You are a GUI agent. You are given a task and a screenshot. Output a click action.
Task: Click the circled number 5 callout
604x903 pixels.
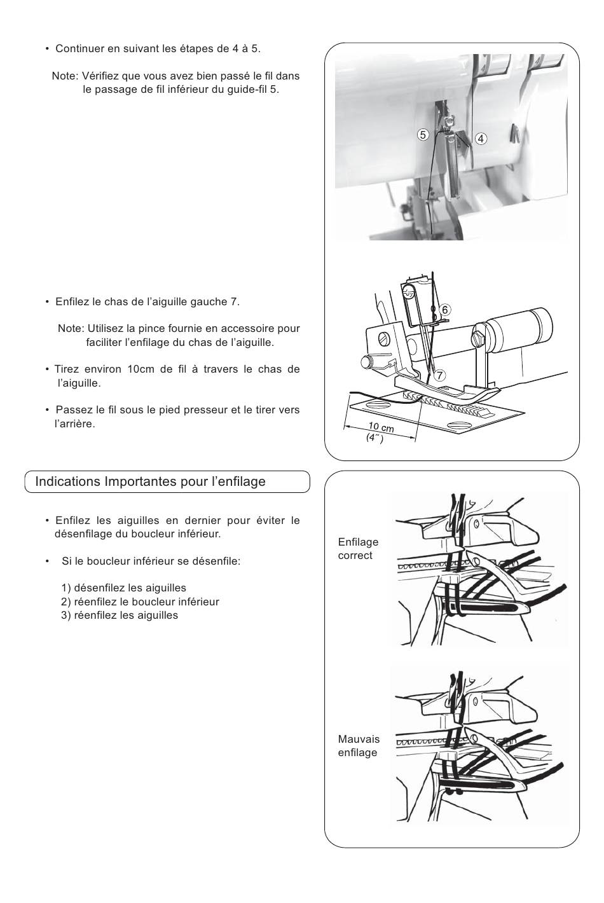[x=423, y=135]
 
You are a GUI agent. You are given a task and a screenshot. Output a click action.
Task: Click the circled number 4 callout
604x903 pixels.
[x=481, y=139]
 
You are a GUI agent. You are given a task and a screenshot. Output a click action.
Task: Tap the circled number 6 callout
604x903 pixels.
[x=445, y=310]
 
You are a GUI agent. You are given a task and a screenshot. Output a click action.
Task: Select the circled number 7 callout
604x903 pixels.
[x=439, y=375]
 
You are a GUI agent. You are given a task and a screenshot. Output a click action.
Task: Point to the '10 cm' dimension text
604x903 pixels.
[x=381, y=427]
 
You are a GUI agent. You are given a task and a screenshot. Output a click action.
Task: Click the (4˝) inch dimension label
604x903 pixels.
[x=374, y=438]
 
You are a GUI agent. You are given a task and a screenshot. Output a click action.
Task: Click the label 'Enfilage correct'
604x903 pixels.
[x=358, y=549]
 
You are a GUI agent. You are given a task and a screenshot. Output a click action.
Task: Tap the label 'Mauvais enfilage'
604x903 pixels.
[x=359, y=746]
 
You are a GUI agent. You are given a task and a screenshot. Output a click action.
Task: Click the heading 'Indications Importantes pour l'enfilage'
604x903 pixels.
[x=150, y=481]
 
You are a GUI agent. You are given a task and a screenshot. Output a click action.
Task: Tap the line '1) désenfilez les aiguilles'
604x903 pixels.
[x=124, y=588]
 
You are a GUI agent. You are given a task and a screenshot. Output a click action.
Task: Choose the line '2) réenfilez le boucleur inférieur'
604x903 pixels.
[x=141, y=602]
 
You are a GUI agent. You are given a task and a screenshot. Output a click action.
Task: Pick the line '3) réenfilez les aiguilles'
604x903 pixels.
[x=120, y=615]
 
